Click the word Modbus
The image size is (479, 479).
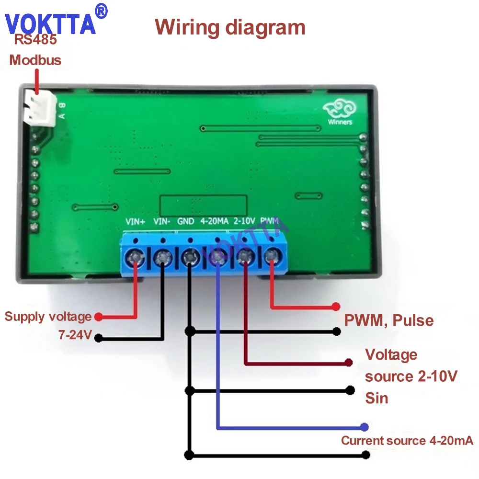[x=35, y=60]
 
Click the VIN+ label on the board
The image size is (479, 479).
[x=135, y=221]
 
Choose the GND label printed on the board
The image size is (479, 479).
[x=186, y=221]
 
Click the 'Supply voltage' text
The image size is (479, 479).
[x=48, y=317]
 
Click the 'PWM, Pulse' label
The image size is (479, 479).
[x=389, y=320]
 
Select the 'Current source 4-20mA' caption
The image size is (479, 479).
[x=407, y=441]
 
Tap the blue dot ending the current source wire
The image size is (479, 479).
[x=365, y=426]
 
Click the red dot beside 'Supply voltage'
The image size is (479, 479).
[x=98, y=317]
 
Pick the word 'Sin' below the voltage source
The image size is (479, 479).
[x=376, y=398]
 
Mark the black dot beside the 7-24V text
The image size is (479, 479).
[x=98, y=338]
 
